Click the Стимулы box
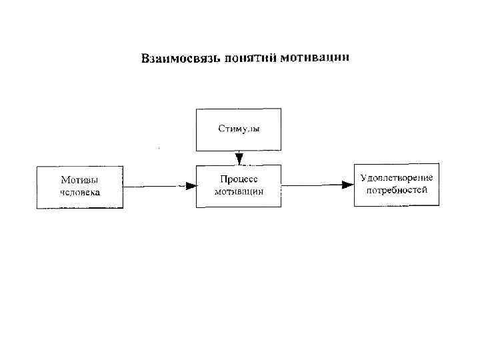pos(238,128)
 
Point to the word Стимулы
pos(238,128)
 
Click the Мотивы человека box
pos(80,187)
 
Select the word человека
pos(80,193)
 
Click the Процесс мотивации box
pos(239,187)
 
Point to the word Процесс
pos(239,179)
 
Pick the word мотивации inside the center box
pos(239,191)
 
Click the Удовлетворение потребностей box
pos(396,185)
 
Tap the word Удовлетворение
pos(396,178)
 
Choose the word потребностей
pos(396,190)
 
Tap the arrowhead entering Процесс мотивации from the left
pos(191,187)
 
